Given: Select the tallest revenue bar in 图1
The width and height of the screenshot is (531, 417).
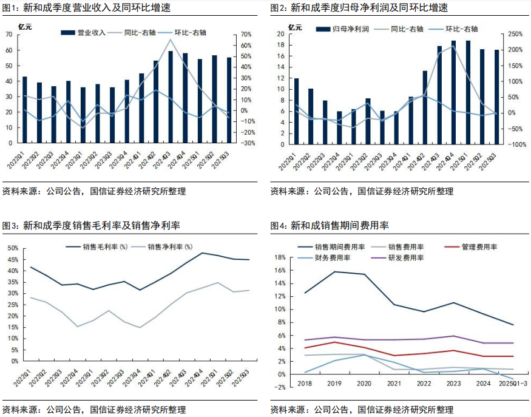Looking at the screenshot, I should click(171, 97).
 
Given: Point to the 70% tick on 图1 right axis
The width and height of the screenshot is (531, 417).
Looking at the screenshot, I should click(246, 35).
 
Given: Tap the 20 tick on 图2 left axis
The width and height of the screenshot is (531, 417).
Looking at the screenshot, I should click(280, 35).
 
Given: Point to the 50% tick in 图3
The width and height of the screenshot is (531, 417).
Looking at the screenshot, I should click(12, 248).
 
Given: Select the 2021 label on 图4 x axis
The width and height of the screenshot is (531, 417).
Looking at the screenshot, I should click(394, 383).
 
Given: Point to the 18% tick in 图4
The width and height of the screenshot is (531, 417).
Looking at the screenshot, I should click(280, 257).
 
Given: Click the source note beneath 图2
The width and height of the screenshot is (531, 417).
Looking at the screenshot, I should click(362, 191).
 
